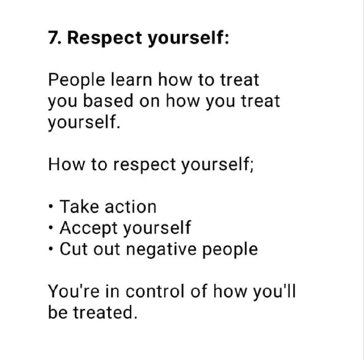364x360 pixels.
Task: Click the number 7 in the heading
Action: (x=53, y=37)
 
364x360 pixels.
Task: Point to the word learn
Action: (x=131, y=79)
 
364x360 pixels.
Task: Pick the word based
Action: (x=108, y=100)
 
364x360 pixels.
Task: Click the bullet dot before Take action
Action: (x=51, y=206)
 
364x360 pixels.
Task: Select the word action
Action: (x=130, y=207)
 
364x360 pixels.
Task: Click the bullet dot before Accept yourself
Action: (x=51, y=227)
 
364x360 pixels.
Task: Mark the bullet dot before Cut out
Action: (x=51, y=249)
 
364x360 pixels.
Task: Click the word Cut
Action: (x=74, y=249)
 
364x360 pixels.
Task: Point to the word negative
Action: (x=161, y=250)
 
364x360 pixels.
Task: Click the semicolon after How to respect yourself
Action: (x=252, y=165)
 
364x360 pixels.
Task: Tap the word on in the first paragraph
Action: (x=150, y=101)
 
